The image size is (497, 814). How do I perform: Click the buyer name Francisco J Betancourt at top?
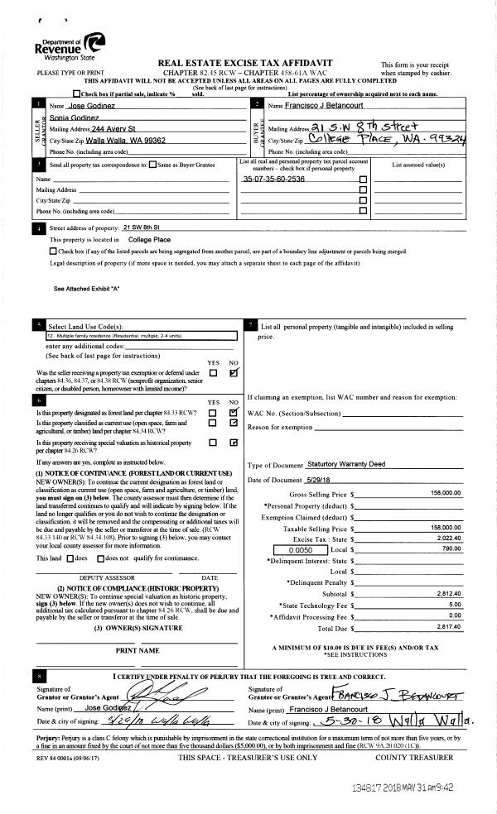point(310,107)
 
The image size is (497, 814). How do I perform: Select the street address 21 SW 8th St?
point(146,227)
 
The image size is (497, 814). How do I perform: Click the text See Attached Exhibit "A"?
point(87,289)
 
